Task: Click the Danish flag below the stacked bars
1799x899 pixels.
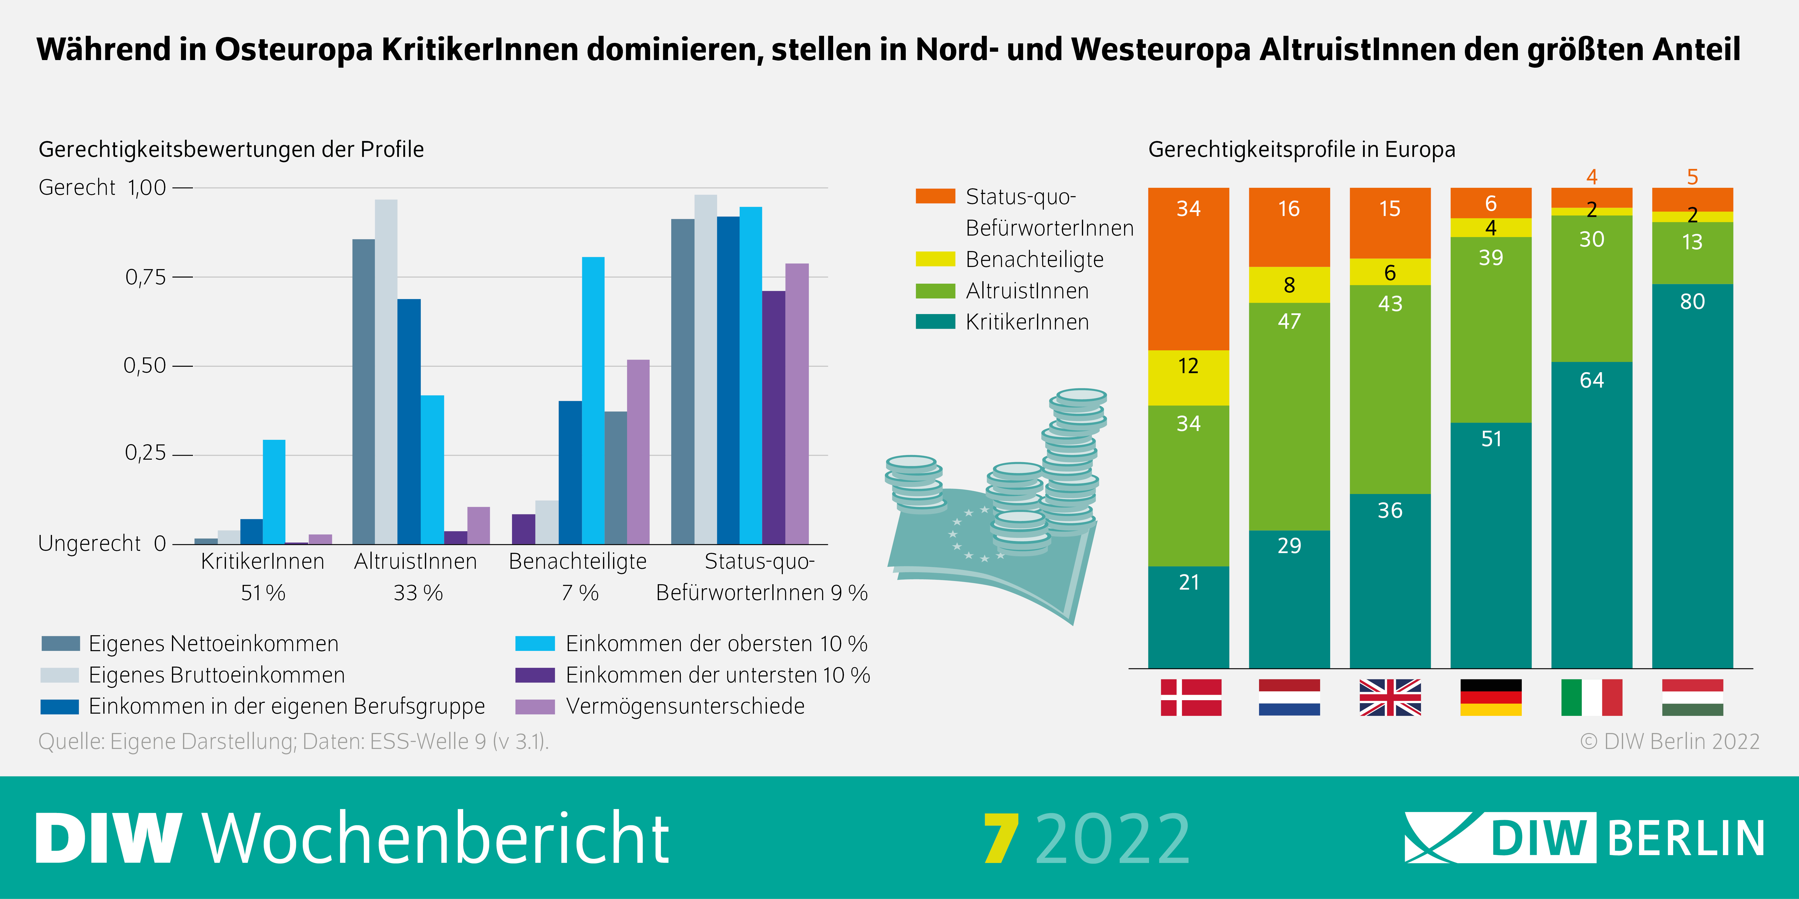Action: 1191,697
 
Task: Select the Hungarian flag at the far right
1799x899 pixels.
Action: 1692,697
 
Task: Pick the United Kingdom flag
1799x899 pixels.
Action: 1390,697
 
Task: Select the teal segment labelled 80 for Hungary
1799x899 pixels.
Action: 1692,475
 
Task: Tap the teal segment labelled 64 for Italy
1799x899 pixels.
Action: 1592,514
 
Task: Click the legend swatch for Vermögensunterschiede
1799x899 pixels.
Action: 535,706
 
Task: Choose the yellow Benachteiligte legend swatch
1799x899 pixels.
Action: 935,259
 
